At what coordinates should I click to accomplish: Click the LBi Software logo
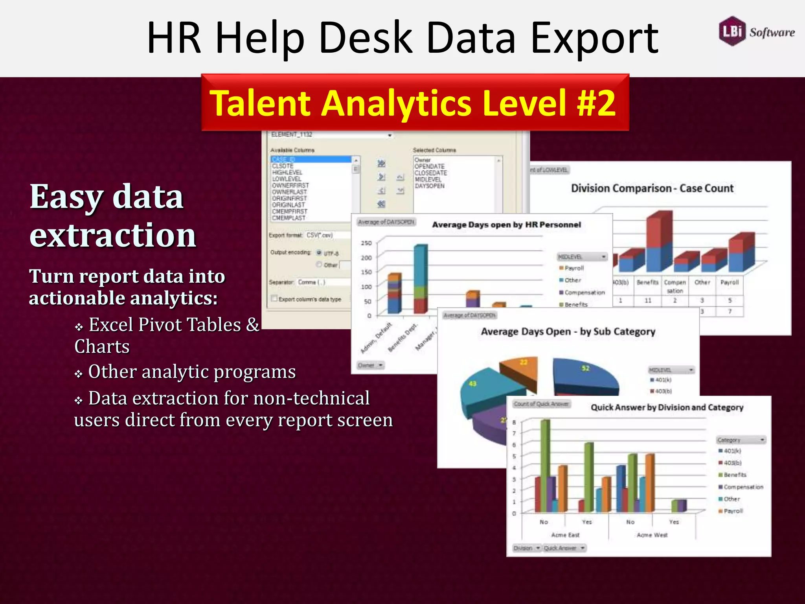tap(756, 31)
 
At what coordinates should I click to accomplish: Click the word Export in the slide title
tap(594, 38)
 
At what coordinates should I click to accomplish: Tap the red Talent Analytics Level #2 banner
tap(415, 103)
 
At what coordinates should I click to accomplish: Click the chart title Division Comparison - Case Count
tap(652, 188)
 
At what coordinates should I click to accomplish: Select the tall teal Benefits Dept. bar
tap(421, 267)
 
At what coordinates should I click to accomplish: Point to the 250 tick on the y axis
tap(366, 243)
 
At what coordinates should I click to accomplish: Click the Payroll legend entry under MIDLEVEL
tap(574, 268)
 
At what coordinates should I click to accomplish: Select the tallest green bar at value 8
tap(545, 464)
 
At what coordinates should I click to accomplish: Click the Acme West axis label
tap(652, 535)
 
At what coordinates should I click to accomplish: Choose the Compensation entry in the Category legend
tap(743, 487)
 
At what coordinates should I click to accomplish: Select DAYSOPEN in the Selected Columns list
tap(430, 186)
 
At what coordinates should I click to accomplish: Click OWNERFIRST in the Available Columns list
tap(290, 185)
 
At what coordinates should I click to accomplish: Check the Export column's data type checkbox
tap(274, 298)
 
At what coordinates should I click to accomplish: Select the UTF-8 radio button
tap(319, 253)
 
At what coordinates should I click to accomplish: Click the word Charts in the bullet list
tap(102, 346)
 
